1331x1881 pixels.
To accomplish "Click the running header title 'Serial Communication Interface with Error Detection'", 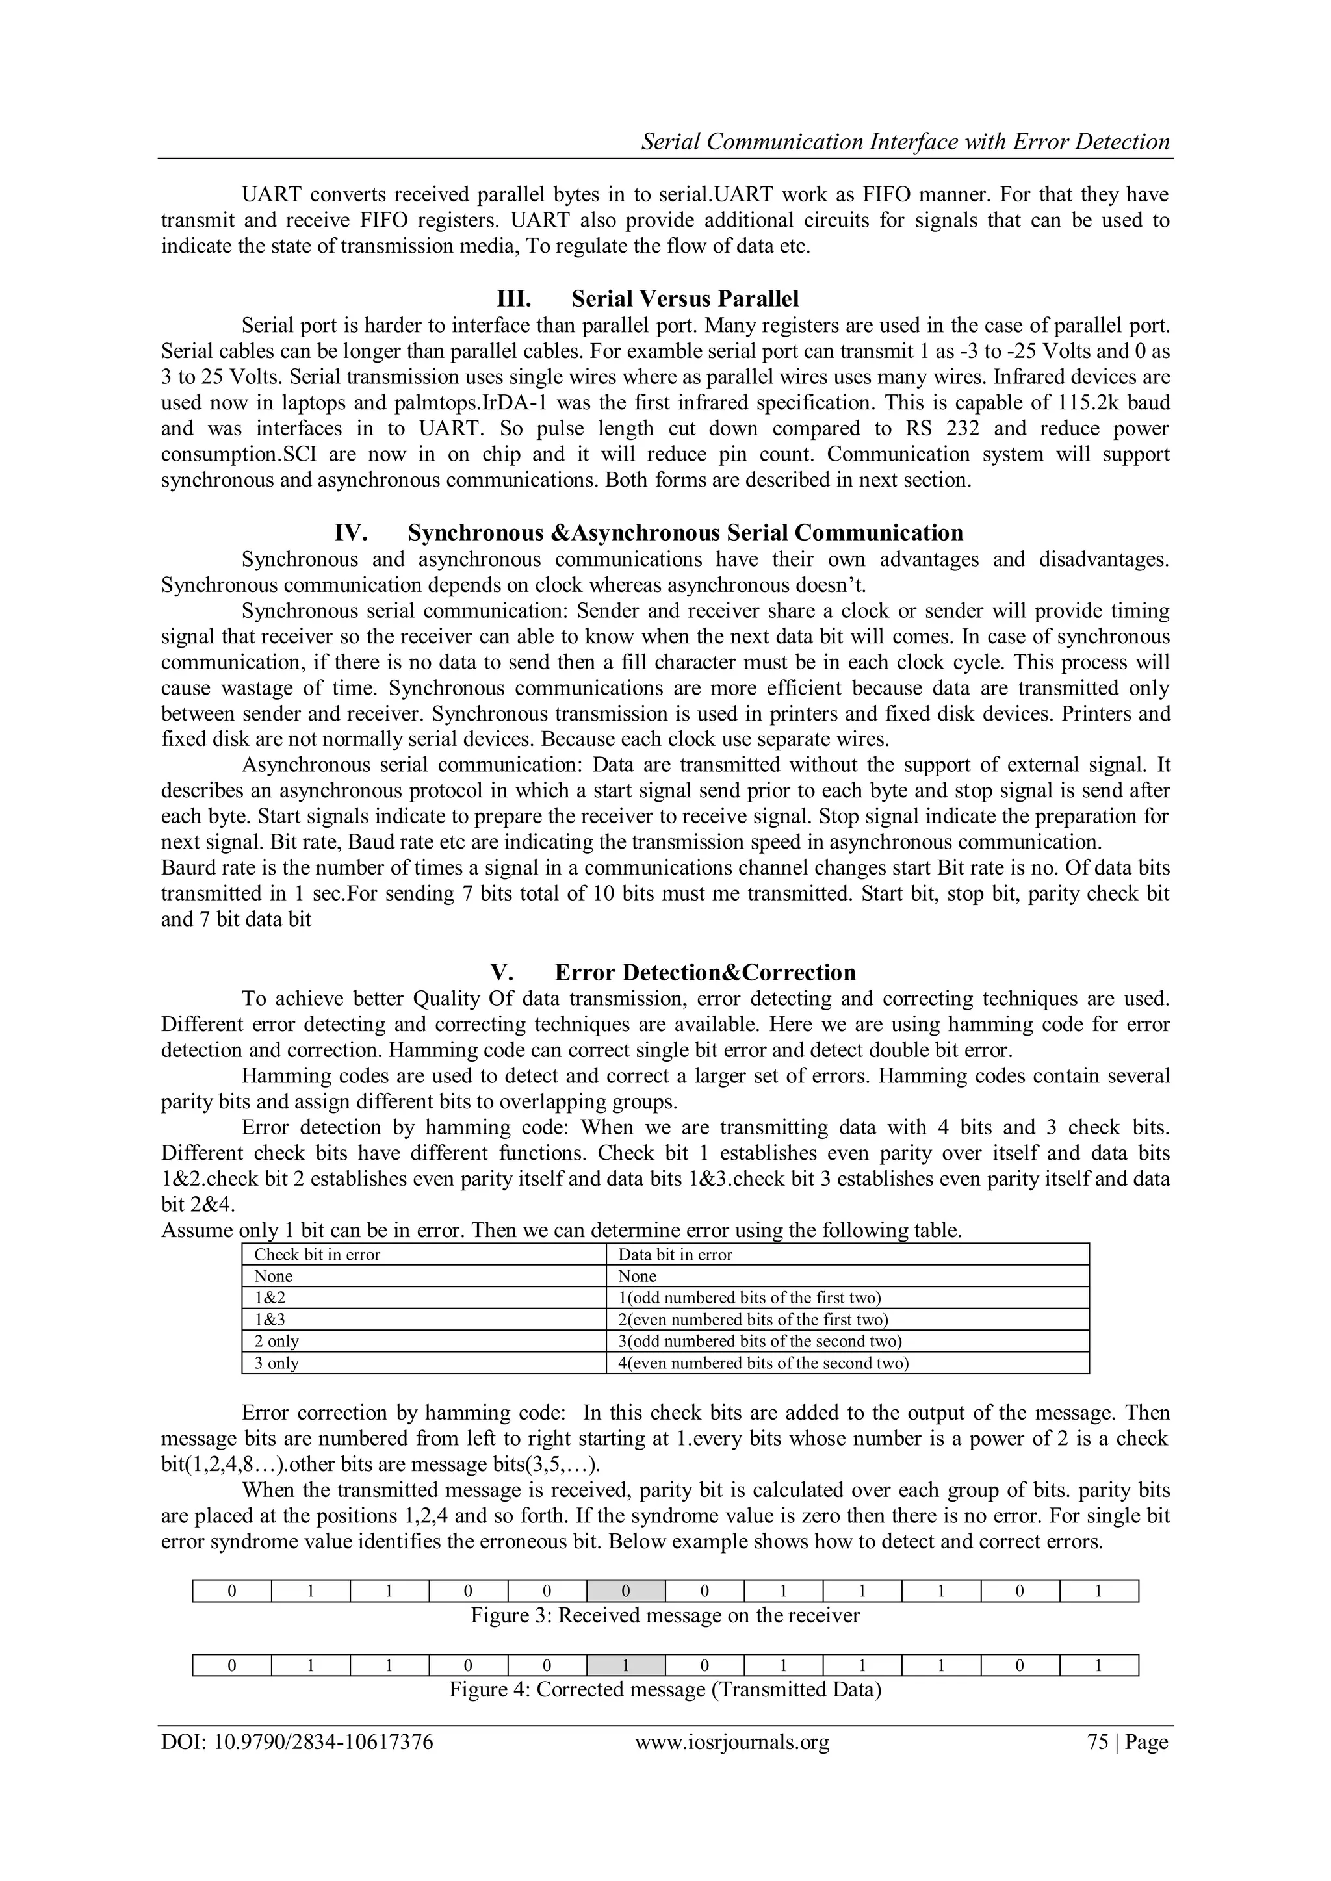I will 905,142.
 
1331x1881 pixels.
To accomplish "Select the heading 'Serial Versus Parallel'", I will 684,298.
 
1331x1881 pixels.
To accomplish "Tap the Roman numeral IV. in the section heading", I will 351,533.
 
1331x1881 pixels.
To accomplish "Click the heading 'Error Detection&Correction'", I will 705,973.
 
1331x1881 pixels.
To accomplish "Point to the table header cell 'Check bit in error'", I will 317,1255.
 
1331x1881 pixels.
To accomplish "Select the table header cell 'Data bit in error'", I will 675,1255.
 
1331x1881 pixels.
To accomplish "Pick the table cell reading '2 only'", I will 276,1341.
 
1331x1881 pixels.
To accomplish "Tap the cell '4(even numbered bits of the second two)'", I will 763,1363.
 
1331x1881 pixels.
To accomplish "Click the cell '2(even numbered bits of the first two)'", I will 753,1320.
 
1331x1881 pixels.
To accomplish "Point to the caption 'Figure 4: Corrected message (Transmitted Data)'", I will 665,1689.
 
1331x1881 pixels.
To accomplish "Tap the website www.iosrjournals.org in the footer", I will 732,1742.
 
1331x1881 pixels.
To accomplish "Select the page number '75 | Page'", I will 1127,1742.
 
